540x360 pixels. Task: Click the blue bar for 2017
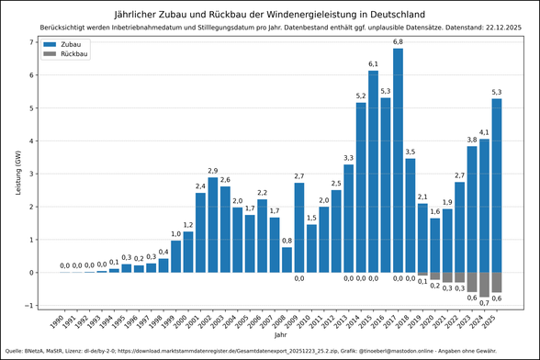398,161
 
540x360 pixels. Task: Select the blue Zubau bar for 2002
213,225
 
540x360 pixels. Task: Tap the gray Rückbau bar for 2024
484,284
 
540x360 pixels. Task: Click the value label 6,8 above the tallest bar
398,42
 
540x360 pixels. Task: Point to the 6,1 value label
373,64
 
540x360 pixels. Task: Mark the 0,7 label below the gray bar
484,302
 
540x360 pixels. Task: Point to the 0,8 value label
287,241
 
